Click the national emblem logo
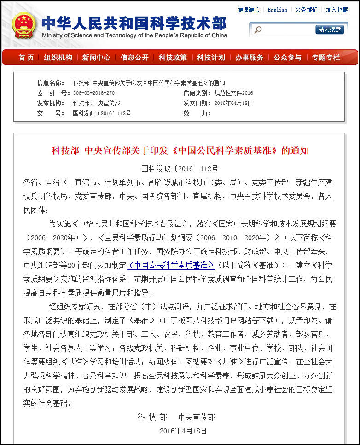click(x=23, y=26)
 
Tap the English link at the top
click(x=277, y=10)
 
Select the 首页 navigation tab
click(x=26, y=58)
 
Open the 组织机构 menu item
click(x=58, y=58)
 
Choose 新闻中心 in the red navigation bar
click(x=96, y=58)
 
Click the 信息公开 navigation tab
click(x=134, y=58)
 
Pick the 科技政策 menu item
click(x=173, y=58)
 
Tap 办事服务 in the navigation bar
click(x=249, y=58)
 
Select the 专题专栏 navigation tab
click(x=325, y=58)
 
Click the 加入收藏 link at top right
click(x=337, y=10)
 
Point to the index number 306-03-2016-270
click(x=94, y=93)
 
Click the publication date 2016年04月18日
click(x=233, y=103)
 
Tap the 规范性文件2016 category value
click(x=233, y=93)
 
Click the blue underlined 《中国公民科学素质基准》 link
click(x=171, y=265)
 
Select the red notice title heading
click(x=180, y=151)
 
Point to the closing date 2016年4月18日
click(x=183, y=431)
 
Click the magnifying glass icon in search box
click(x=258, y=30)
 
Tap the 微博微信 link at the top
click(x=248, y=10)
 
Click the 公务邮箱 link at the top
click(x=306, y=10)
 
